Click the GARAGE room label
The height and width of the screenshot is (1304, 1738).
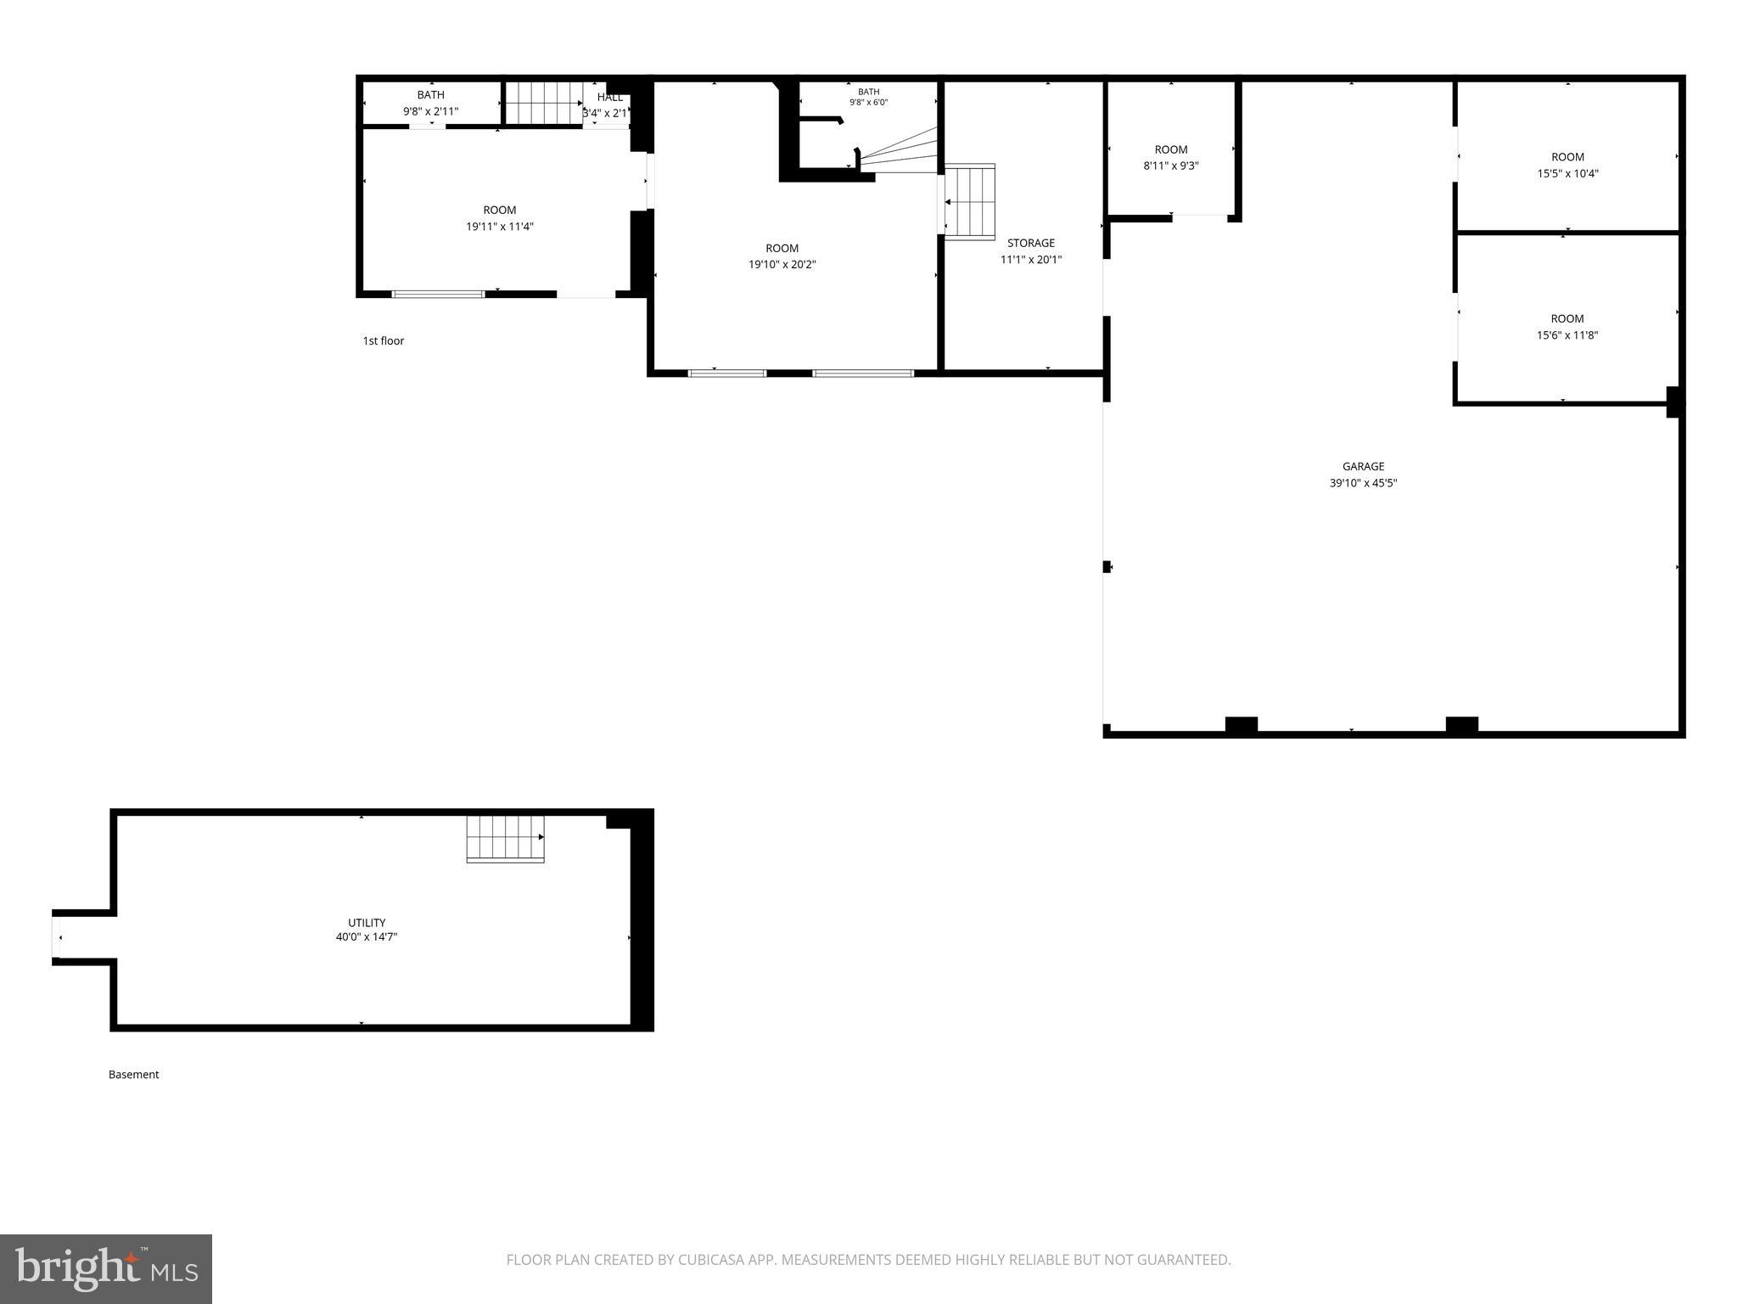pos(1363,466)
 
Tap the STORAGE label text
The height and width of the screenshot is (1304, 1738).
pos(1031,243)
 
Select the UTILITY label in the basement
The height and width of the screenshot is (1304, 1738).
pos(367,923)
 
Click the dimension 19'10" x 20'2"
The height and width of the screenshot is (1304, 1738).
pos(782,265)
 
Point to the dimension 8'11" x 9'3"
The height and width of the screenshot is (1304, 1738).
pos(1171,166)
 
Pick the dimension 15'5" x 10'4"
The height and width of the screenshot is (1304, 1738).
pos(1567,173)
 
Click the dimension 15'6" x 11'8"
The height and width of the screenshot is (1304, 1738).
pos(1567,335)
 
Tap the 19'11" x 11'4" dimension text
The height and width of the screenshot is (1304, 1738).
pos(500,227)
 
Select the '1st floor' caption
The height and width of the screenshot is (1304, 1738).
pos(384,341)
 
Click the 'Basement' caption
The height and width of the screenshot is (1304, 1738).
pos(134,1075)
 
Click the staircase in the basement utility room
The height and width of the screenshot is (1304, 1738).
pos(505,839)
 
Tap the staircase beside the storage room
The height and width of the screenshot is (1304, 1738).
pos(969,202)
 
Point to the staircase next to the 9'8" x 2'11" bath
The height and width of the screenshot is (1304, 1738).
pos(544,103)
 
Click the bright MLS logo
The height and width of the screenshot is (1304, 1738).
pos(106,1268)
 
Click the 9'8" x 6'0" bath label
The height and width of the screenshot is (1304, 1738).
pos(869,97)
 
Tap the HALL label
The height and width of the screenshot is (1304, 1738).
pos(609,98)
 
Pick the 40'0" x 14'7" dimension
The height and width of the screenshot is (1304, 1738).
pos(367,937)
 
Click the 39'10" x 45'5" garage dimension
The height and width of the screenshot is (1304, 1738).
pos(1363,483)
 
